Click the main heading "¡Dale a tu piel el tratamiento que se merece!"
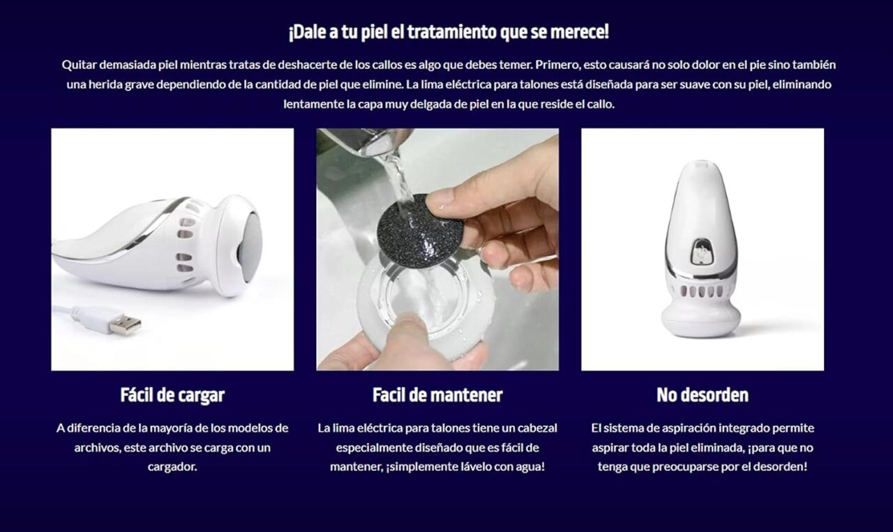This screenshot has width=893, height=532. click(448, 32)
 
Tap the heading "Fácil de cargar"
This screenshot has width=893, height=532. click(172, 395)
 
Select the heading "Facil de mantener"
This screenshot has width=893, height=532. click(437, 395)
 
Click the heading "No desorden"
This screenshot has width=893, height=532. click(702, 395)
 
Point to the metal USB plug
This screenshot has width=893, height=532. click(126, 324)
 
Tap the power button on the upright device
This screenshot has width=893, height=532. click(700, 252)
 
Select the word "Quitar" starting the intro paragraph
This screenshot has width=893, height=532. click(79, 65)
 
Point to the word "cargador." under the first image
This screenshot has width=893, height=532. click(172, 466)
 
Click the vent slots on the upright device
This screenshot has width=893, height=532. click(700, 291)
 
